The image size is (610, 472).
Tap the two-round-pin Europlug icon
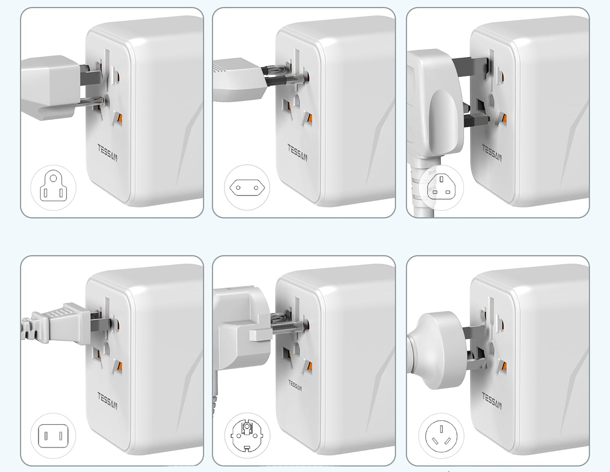(x=247, y=188)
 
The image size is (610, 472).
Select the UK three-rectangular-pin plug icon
(x=441, y=187)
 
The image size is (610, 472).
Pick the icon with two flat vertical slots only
(x=53, y=436)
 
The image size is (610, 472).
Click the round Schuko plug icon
(x=247, y=435)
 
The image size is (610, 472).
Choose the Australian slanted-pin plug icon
(x=441, y=436)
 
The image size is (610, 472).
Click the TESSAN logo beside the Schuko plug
(x=295, y=385)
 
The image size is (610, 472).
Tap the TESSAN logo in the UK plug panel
(x=492, y=153)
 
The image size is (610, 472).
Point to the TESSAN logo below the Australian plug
(x=492, y=401)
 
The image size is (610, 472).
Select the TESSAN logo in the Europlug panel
(x=298, y=153)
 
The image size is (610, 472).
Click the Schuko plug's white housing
(x=242, y=328)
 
